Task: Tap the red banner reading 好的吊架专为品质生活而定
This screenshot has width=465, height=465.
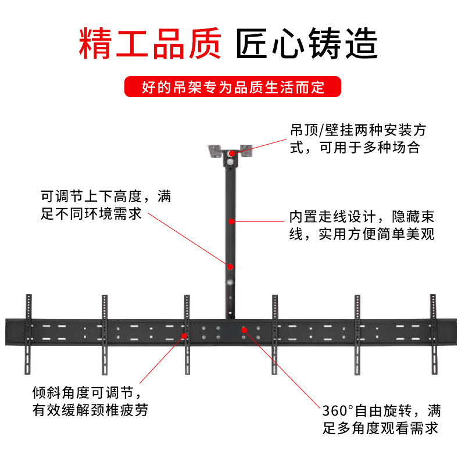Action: click(x=233, y=88)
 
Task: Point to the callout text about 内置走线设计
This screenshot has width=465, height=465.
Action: click(x=362, y=226)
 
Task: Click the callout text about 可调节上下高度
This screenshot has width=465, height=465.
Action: click(x=106, y=204)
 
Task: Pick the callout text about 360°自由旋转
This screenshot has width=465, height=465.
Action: click(x=381, y=420)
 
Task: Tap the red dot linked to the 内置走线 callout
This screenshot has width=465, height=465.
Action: click(x=231, y=221)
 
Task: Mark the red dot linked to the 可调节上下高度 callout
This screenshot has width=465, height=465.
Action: click(x=231, y=266)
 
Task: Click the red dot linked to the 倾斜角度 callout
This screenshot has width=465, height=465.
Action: click(x=184, y=335)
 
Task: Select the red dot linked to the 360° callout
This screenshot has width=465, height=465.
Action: click(x=244, y=330)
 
